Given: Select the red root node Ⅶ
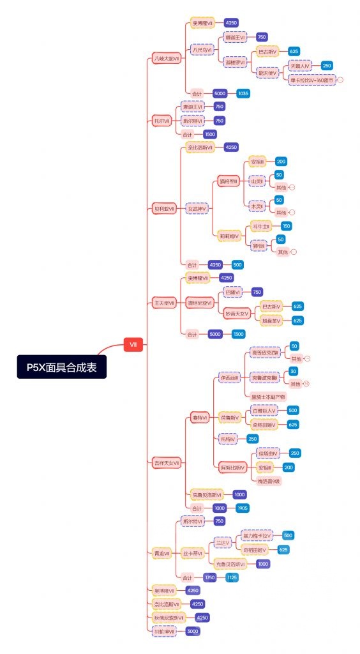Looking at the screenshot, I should (x=133, y=345).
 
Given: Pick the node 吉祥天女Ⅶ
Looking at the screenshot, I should (x=167, y=462).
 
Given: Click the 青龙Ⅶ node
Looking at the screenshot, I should (x=162, y=552).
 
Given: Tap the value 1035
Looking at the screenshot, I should (x=243, y=93).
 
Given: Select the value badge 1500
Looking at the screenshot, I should (x=209, y=135).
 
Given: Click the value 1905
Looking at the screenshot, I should (x=242, y=508).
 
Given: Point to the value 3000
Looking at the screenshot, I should (x=192, y=631).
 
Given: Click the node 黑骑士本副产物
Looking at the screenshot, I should (x=269, y=397).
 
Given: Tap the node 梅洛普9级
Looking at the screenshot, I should (x=269, y=481).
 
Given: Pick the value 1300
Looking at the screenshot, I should (x=238, y=334).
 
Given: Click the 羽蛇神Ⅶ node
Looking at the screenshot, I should (x=163, y=631).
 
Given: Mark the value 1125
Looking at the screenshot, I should (x=232, y=577).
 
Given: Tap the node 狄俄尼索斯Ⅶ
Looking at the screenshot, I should (x=169, y=618).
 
